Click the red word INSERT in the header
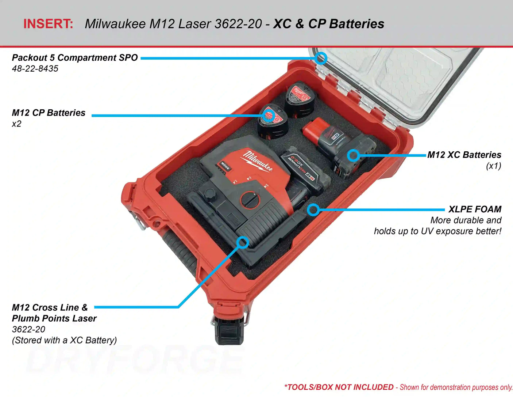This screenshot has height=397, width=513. (48, 24)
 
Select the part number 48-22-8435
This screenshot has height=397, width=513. (35, 69)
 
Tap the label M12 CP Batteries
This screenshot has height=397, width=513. (49, 113)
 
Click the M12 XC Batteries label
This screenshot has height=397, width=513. (464, 155)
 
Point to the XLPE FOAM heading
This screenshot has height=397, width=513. (475, 209)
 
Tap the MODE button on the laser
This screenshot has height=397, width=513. (225, 166)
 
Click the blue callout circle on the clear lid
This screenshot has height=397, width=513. (321, 58)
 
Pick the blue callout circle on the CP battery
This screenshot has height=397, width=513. (269, 116)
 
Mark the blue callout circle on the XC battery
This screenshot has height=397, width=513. (353, 155)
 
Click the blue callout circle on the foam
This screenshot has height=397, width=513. (313, 209)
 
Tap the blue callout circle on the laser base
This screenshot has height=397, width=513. (242, 242)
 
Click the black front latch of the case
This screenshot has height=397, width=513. (229, 331)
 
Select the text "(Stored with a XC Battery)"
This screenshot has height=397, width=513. (64, 340)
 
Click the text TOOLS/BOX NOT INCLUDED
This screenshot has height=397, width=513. (340, 387)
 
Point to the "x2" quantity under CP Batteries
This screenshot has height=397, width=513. (16, 124)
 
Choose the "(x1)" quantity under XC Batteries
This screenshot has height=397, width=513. (493, 166)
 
